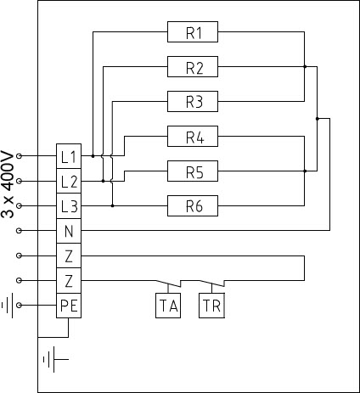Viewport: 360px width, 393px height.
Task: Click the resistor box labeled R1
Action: [193, 32]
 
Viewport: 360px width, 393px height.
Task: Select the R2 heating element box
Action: [193, 67]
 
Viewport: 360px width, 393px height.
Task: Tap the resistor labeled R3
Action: [193, 101]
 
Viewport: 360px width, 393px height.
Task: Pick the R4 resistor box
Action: [193, 137]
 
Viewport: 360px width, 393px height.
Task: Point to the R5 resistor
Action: [193, 171]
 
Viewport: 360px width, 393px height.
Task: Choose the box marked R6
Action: [193, 205]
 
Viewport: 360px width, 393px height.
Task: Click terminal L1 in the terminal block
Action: [69, 156]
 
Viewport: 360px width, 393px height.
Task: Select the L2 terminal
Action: [69, 181]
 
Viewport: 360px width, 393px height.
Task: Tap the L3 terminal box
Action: [69, 206]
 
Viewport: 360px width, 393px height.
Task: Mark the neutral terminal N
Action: [69, 231]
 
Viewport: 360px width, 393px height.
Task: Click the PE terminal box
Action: [69, 306]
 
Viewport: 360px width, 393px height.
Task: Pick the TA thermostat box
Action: [168, 306]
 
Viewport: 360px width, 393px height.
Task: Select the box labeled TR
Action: [211, 306]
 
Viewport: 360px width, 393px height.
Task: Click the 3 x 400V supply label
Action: [8, 185]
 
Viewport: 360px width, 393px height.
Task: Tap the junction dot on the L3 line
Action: [112, 205]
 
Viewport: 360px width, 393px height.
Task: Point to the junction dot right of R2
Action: [305, 67]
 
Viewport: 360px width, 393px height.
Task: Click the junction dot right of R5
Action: [305, 171]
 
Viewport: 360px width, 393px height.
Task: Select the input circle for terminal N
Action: [19, 231]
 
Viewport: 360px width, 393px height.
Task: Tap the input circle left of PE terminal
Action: [19, 306]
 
